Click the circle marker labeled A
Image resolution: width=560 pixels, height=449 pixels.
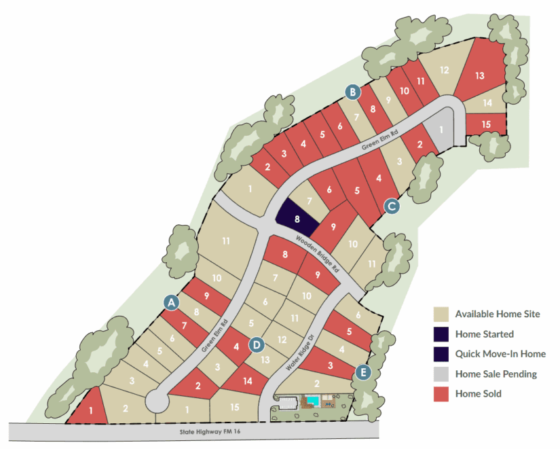click(x=172, y=301)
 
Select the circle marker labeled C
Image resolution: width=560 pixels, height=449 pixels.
click(x=391, y=204)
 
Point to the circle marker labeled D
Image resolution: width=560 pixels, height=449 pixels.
click(x=256, y=344)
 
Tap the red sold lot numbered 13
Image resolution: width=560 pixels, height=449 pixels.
click(x=479, y=75)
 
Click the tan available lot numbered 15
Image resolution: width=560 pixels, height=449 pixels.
click(x=234, y=407)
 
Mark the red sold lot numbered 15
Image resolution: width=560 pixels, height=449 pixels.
click(x=486, y=124)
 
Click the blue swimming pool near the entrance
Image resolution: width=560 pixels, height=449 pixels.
click(x=312, y=401)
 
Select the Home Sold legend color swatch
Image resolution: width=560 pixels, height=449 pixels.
click(x=441, y=393)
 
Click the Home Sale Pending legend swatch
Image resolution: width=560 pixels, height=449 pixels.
click(x=441, y=374)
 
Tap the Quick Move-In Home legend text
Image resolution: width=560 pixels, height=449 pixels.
click(x=500, y=354)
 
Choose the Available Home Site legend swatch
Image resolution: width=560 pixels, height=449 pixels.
click(x=441, y=314)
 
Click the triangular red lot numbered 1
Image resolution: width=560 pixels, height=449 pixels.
click(x=90, y=409)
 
